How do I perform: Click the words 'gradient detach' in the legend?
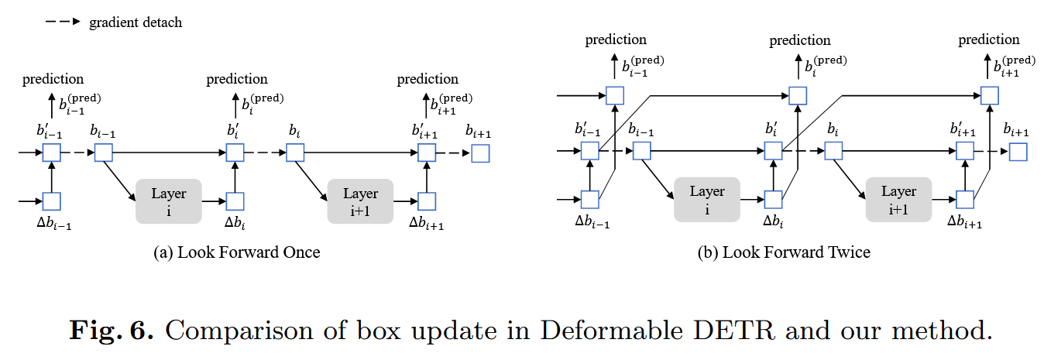tap(136, 22)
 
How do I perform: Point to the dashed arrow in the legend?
tap(63, 22)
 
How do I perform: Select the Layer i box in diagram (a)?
tap(168, 201)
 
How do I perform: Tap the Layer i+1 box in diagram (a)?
tap(360, 201)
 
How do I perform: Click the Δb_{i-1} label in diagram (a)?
tap(52, 225)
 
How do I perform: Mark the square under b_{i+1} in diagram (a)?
tap(481, 153)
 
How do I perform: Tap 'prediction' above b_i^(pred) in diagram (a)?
tap(237, 79)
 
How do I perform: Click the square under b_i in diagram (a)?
tap(295, 153)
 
